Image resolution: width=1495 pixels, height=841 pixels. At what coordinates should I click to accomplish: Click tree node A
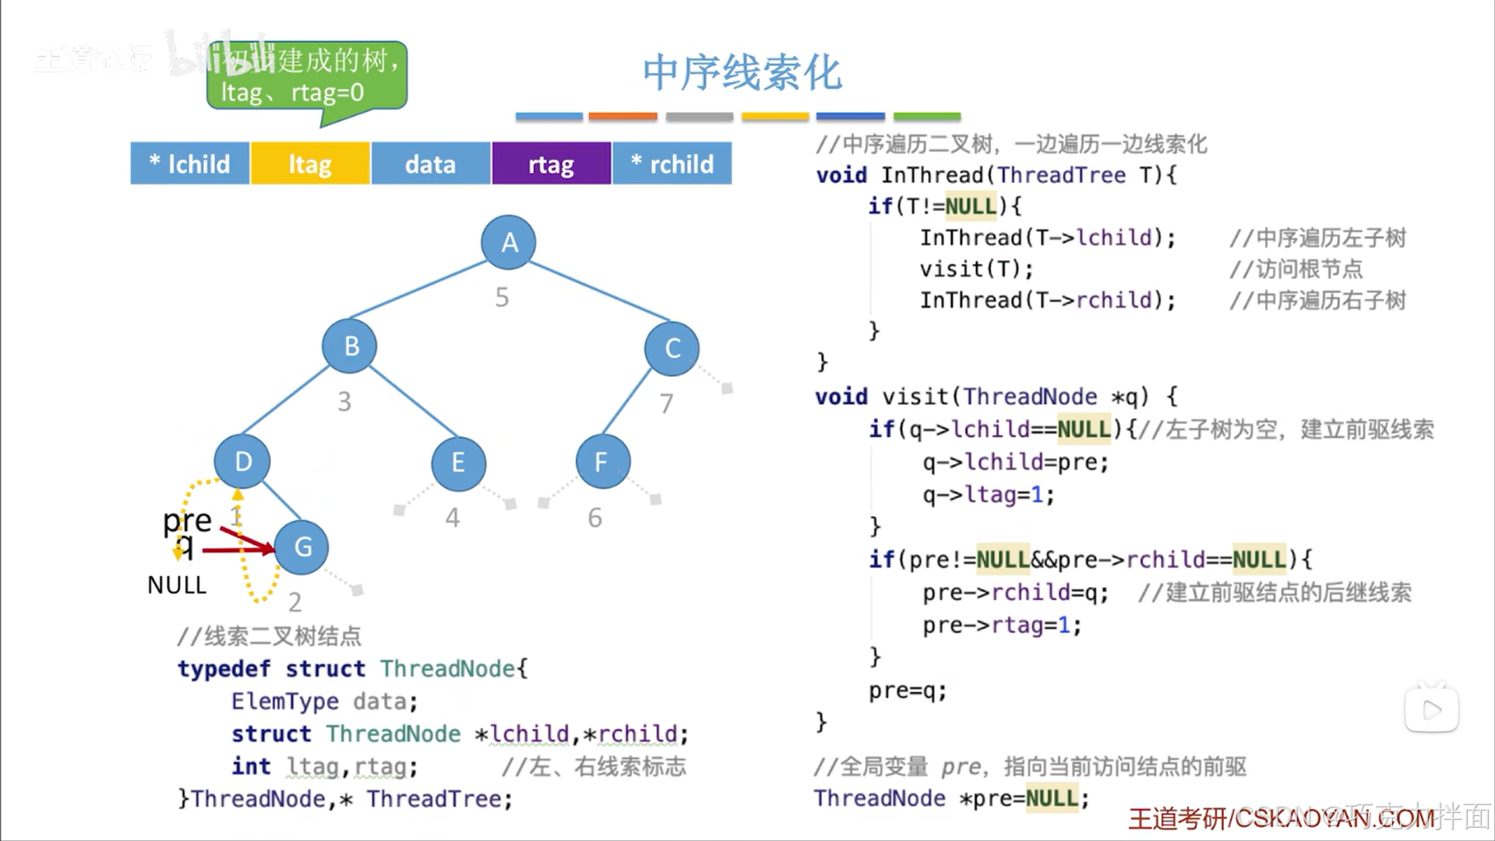click(x=509, y=242)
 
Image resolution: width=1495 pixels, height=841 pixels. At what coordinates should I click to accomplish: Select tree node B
click(x=350, y=345)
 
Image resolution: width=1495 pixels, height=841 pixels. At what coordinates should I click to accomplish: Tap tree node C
click(x=672, y=348)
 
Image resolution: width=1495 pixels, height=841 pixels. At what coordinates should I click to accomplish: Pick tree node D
click(x=242, y=461)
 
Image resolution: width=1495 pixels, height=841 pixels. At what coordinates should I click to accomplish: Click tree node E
click(x=458, y=463)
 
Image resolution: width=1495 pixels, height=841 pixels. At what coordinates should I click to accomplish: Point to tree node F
click(x=602, y=461)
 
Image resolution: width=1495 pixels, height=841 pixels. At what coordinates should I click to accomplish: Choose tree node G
click(x=301, y=546)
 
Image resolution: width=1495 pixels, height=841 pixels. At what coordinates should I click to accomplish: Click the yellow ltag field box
click(x=310, y=164)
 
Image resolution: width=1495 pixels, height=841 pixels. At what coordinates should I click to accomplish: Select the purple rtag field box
click(x=551, y=164)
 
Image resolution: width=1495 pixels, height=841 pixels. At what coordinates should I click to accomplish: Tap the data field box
click(x=430, y=164)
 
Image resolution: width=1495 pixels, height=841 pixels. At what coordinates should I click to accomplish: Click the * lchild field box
click(x=190, y=164)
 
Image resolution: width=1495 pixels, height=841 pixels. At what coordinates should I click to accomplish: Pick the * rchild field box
click(x=672, y=164)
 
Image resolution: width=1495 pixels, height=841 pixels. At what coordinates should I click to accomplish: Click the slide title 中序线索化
click(x=742, y=72)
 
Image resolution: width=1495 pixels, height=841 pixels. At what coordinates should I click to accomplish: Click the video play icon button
click(x=1431, y=709)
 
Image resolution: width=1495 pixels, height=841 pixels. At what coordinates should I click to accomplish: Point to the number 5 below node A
click(x=502, y=297)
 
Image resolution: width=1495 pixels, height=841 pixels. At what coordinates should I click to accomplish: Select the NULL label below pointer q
click(x=177, y=585)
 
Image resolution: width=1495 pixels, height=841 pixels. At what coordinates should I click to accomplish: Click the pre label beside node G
click(x=187, y=520)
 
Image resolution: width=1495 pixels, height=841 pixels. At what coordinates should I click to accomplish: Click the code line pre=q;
click(x=908, y=691)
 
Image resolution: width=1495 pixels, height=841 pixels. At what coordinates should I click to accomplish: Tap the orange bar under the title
click(x=622, y=116)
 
